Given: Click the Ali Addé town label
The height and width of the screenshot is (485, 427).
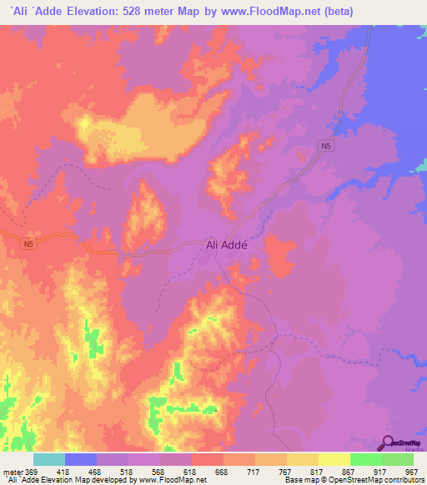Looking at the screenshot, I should click(x=233, y=246).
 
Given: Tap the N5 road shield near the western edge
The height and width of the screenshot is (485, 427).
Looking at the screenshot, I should click(x=29, y=243).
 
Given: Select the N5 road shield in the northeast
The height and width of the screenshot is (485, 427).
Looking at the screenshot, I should click(x=327, y=147).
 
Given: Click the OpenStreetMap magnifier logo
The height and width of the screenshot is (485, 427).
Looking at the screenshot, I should click(x=389, y=443).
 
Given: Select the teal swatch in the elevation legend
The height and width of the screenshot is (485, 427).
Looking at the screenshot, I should click(x=49, y=459).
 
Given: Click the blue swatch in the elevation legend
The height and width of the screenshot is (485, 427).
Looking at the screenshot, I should click(x=81, y=459).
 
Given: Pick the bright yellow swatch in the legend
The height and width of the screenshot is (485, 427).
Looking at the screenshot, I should click(x=334, y=459).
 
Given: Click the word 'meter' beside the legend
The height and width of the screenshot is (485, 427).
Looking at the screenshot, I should click(x=12, y=472).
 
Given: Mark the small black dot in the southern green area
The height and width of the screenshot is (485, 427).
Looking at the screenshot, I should click(x=216, y=409).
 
